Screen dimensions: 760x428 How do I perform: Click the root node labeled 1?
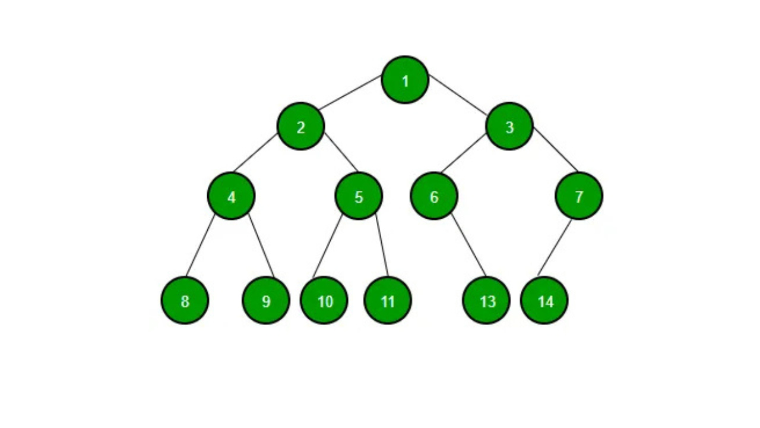(x=405, y=80)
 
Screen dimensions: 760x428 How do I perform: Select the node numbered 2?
(x=300, y=126)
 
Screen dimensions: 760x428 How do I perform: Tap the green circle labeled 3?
(x=509, y=126)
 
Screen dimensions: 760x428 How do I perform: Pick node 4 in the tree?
(x=231, y=196)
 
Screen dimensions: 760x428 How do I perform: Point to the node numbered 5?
(x=359, y=196)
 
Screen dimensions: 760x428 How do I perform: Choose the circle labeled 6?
(x=434, y=196)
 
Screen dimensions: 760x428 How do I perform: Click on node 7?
(x=579, y=196)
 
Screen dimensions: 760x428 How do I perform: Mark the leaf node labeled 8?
(x=185, y=300)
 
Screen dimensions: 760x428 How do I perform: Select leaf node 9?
(x=266, y=300)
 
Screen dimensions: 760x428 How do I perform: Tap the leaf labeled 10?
(x=324, y=300)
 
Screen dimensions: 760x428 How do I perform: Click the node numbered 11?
(x=388, y=300)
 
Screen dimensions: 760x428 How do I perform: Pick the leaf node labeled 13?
(x=486, y=300)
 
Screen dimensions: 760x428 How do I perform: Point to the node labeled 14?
(x=544, y=300)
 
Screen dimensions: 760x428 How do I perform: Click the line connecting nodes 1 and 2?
(x=350, y=93)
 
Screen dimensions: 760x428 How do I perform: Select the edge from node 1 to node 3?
(x=458, y=94)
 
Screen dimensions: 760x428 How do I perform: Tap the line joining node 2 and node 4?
(x=255, y=153)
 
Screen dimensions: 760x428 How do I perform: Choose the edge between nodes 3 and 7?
(x=555, y=149)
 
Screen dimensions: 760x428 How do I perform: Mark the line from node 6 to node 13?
(x=468, y=246)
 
